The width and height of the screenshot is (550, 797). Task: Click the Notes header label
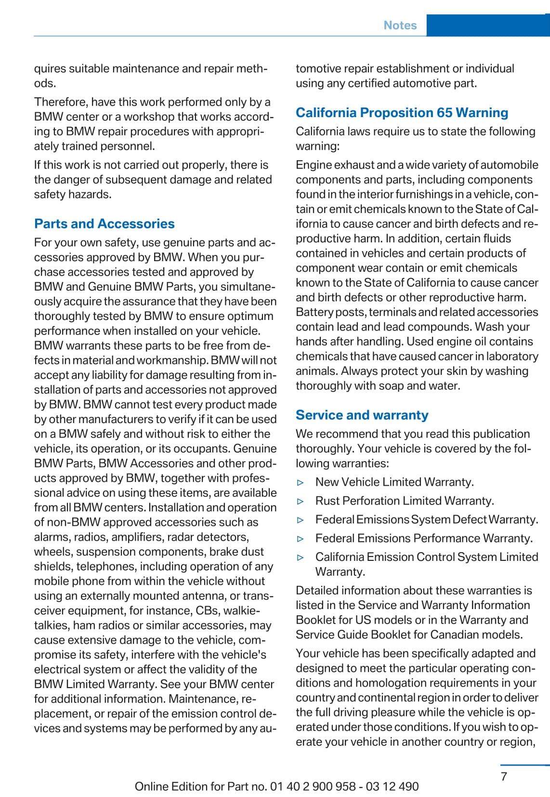pos(400,26)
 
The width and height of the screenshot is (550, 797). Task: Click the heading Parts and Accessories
pos(104,224)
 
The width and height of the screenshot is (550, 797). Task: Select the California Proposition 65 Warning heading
pos(402,113)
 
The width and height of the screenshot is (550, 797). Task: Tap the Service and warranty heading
pos(362,415)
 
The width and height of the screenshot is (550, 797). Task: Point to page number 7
pos(504,776)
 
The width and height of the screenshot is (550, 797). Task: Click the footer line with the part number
pos(276,786)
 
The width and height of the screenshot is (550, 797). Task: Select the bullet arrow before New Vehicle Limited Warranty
pos(301,482)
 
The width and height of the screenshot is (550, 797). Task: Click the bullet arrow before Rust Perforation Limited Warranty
pos(301,501)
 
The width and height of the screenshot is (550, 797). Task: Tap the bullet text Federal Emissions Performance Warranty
pos(424,538)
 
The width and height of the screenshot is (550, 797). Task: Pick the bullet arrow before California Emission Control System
pos(301,558)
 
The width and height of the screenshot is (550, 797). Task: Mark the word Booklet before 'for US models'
pos(314,620)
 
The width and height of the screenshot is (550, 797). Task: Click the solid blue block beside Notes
pos(487,26)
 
